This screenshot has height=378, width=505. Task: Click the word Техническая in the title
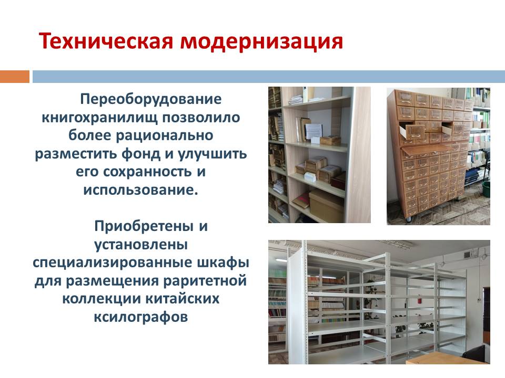[x=106, y=41]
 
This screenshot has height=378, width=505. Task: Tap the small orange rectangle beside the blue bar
[x=15, y=77]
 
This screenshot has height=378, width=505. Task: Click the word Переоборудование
[x=151, y=99]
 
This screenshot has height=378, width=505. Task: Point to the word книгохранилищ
[x=99, y=117]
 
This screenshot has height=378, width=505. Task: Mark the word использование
[x=140, y=190]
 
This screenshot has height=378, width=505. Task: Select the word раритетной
[x=205, y=281]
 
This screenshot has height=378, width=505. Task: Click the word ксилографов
[x=141, y=317]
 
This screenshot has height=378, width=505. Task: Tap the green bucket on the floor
[x=486, y=189]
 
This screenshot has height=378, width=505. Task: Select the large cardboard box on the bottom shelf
[x=326, y=204]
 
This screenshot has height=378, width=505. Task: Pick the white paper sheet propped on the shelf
[x=314, y=131]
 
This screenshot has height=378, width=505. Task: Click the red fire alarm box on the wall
[x=420, y=300]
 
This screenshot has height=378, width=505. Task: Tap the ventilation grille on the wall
[x=467, y=255]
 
